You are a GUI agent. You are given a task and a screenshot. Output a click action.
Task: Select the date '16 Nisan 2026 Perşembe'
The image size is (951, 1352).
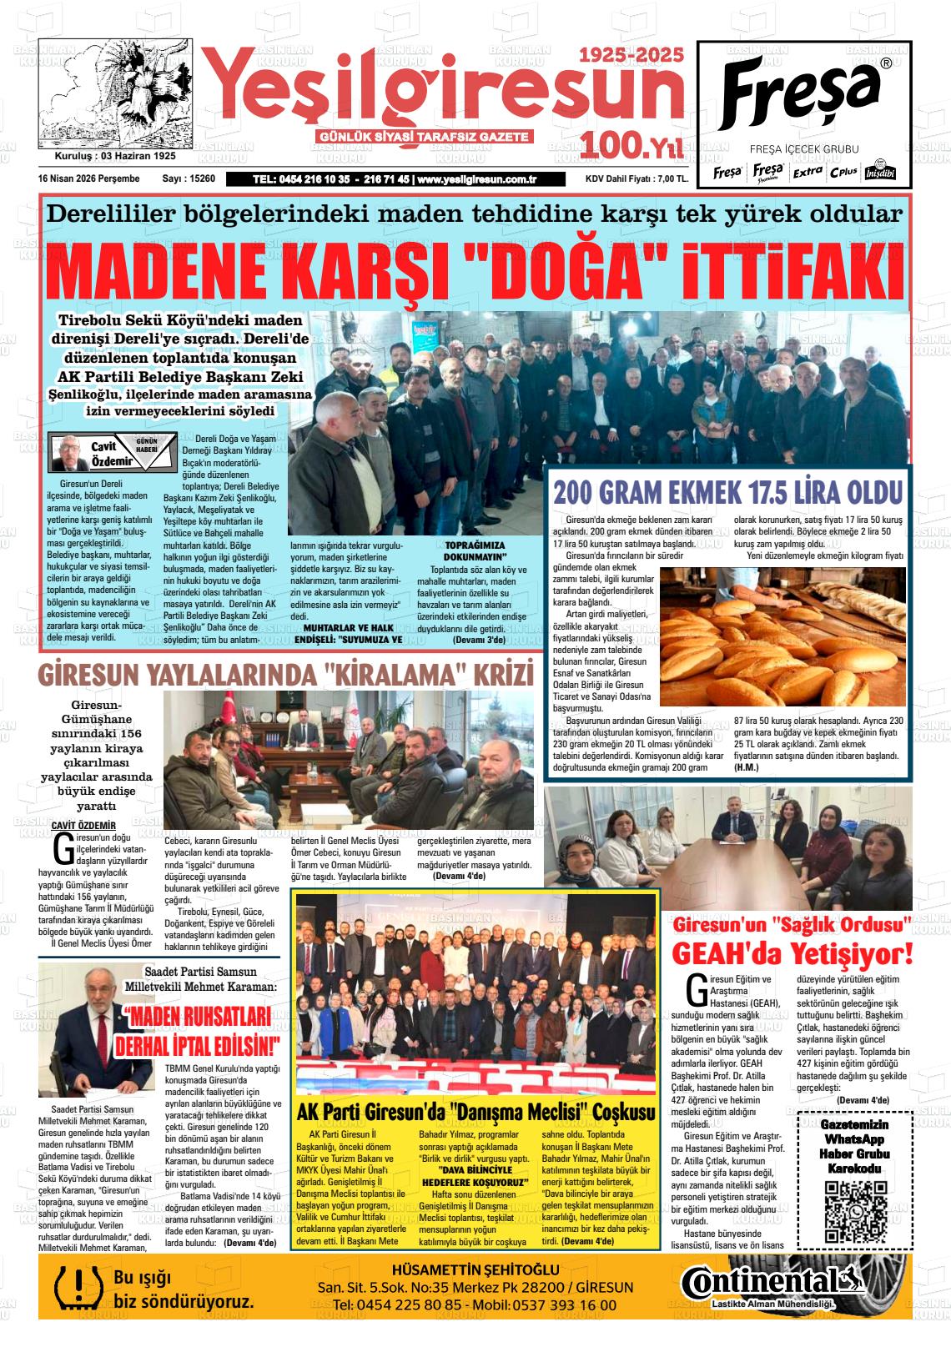pos(88,178)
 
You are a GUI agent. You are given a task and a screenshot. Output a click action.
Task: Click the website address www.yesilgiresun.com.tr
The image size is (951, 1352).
pos(476,178)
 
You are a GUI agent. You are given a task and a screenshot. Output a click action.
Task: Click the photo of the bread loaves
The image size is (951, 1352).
pos(782,636)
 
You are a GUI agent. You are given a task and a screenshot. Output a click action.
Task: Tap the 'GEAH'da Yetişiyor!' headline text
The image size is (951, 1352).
pos(792,952)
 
